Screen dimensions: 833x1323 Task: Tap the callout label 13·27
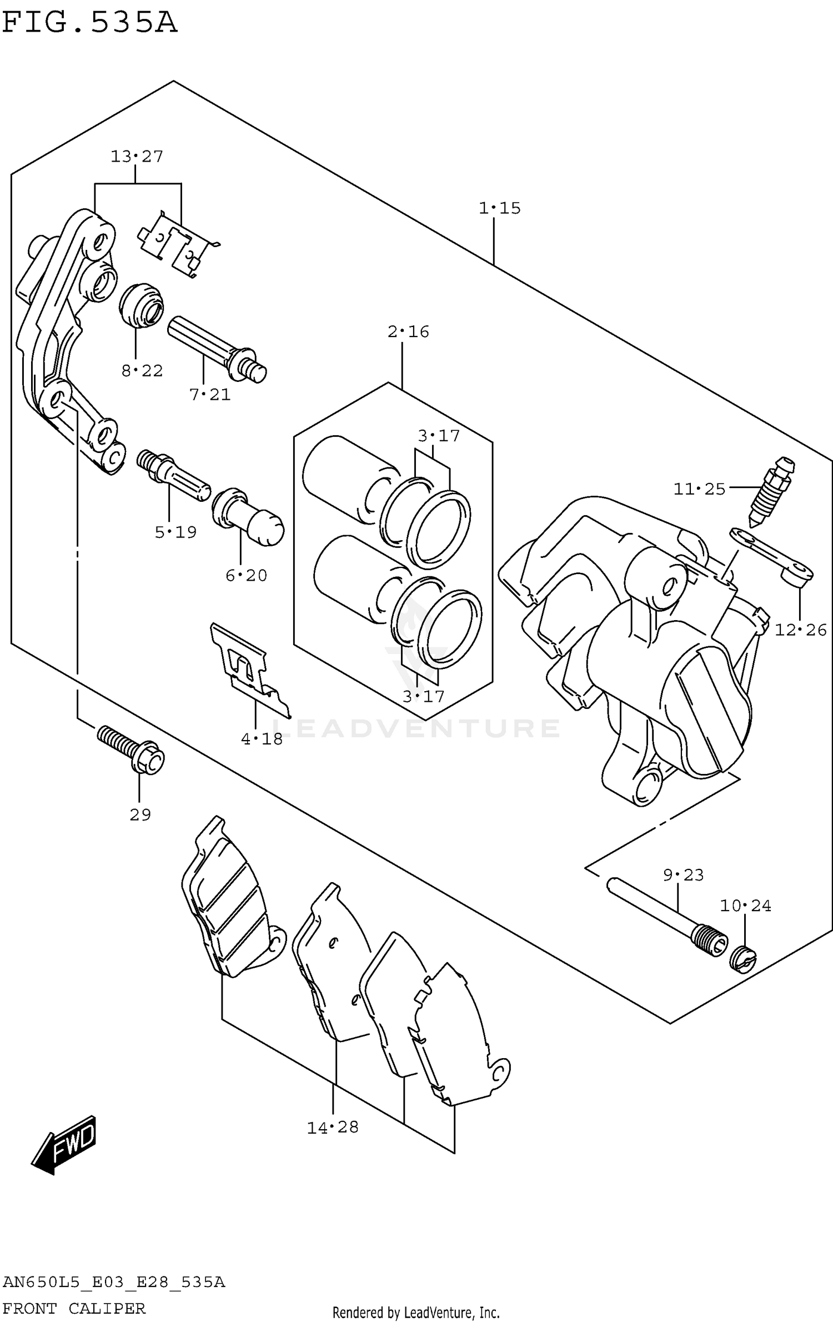[x=137, y=157]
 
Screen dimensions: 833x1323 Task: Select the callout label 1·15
[x=500, y=208]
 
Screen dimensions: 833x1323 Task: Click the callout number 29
[x=140, y=815]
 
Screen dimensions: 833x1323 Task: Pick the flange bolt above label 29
[x=131, y=750]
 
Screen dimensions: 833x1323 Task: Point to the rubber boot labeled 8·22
[x=142, y=306]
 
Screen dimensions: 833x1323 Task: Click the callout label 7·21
[x=209, y=395]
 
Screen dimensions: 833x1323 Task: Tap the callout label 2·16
[x=408, y=331]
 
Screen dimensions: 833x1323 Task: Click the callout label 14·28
[x=333, y=1127]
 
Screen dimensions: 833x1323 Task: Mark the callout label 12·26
[x=800, y=630]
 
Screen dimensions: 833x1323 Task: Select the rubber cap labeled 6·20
[x=248, y=517]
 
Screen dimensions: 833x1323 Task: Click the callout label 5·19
[x=175, y=532]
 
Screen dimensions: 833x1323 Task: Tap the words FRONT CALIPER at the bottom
[x=74, y=1309]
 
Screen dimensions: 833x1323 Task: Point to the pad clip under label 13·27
[x=179, y=244]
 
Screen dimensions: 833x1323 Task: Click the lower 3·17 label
[x=423, y=696]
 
